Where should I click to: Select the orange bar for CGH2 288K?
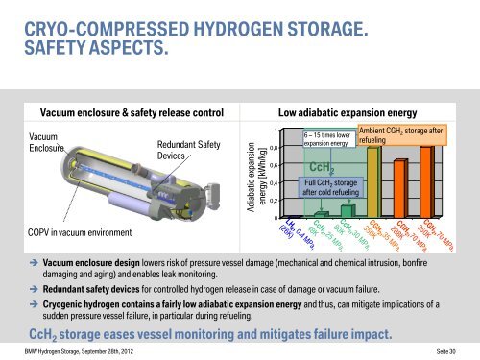point(398,187)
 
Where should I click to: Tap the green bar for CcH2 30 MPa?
point(348,210)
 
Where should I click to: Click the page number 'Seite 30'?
point(451,351)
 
